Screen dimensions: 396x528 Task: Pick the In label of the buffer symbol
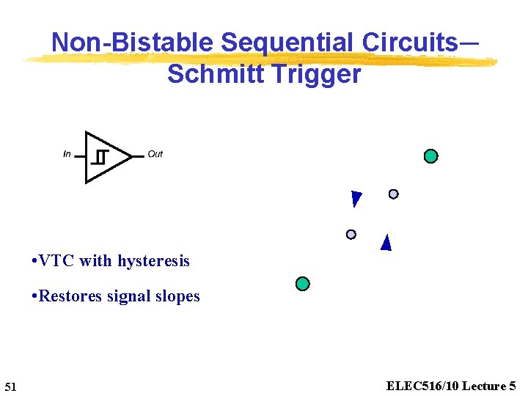[67, 154]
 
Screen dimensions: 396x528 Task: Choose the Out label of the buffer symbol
[155, 154]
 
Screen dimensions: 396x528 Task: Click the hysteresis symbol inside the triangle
[101, 156]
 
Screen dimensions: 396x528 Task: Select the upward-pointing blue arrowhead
[386, 243]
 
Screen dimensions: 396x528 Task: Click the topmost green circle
[431, 156]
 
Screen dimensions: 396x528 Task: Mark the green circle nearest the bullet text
[302, 284]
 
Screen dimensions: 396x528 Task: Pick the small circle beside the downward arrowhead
[393, 194]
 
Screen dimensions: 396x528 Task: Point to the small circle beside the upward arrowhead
[351, 234]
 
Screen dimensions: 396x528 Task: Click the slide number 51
[10, 386]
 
